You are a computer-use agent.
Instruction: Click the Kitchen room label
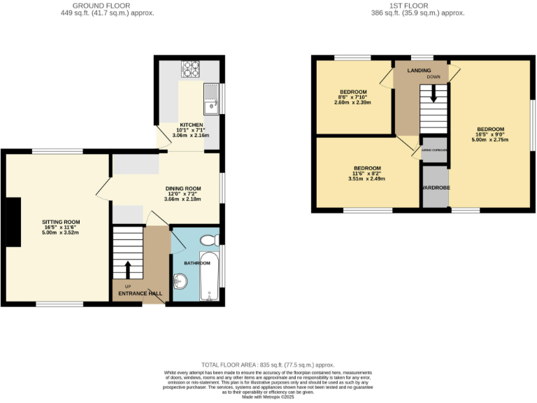pos(171,125)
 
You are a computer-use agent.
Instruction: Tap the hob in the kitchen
pos(190,69)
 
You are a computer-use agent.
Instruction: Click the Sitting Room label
pos(61,222)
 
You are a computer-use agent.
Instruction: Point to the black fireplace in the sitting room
pos(14,222)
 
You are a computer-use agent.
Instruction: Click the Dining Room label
pos(183,188)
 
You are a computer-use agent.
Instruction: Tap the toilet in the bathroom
pos(208,241)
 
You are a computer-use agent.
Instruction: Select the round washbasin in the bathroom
pos(180,283)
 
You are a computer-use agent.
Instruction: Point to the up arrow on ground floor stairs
pos(127,269)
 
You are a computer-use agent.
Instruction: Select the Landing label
pos(420,70)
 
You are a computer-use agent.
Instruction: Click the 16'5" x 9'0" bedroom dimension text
pos(490,134)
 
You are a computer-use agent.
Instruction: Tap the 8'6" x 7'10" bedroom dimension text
pos(353,97)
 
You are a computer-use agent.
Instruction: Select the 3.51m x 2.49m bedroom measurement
pos(366,179)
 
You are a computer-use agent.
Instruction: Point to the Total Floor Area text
pos(268,365)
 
